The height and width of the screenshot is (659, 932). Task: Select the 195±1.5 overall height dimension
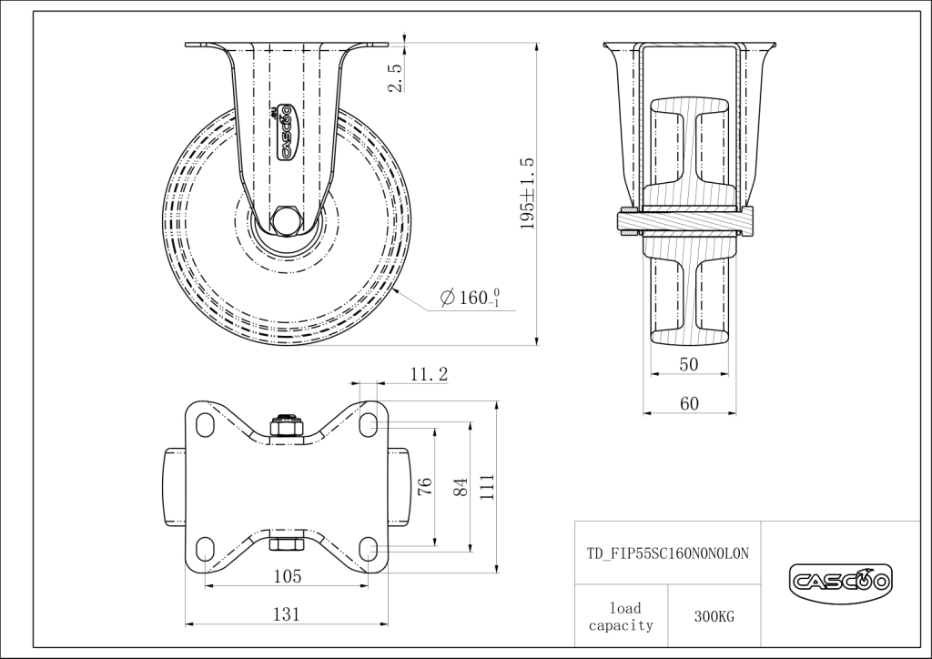[527, 194]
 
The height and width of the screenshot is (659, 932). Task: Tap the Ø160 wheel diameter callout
[470, 297]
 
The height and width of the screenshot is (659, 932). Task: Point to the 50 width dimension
[688, 364]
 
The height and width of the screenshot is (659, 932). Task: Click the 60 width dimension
[689, 403]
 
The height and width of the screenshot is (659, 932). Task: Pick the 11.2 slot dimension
[429, 374]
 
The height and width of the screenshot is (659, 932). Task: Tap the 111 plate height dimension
[487, 487]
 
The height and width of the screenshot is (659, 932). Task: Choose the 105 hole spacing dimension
[287, 576]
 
